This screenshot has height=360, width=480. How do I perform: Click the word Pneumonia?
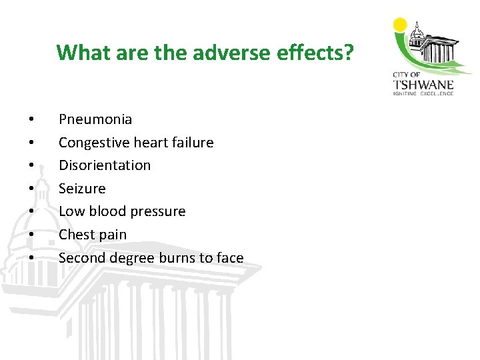pyautogui.click(x=95, y=120)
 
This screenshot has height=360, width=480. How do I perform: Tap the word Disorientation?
pyautogui.click(x=105, y=165)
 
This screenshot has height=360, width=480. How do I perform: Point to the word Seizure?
pyautogui.click(x=82, y=189)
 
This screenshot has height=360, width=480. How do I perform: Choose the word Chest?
pyautogui.click(x=74, y=235)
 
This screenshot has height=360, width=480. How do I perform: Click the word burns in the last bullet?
pyautogui.click(x=179, y=257)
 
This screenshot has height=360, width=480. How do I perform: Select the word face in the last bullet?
pyautogui.click(x=229, y=257)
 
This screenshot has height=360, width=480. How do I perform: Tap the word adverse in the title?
pyautogui.click(x=216, y=52)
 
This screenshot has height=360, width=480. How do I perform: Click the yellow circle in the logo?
pyautogui.click(x=400, y=25)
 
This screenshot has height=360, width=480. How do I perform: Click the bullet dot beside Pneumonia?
pyautogui.click(x=31, y=121)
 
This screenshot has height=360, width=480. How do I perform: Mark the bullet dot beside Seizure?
pyautogui.click(x=31, y=189)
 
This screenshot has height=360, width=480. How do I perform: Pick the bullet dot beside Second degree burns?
pyautogui.click(x=31, y=258)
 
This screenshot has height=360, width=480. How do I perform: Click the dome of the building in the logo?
pyautogui.click(x=417, y=31)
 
